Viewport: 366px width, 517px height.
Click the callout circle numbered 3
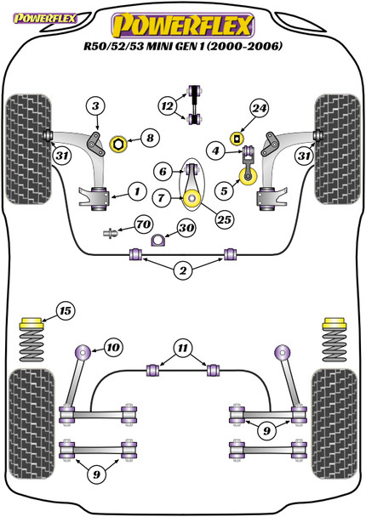pyautogui.click(x=95, y=106)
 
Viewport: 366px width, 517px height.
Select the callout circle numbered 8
pyautogui.click(x=150, y=138)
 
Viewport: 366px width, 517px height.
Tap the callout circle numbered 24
pyautogui.click(x=259, y=108)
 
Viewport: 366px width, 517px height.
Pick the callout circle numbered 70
pyautogui.click(x=144, y=224)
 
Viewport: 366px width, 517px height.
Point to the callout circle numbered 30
pyautogui.click(x=186, y=228)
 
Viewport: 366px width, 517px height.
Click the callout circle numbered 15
pyautogui.click(x=66, y=310)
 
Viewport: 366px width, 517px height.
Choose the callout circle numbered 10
pyautogui.click(x=113, y=347)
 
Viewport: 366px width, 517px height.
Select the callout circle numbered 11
pyautogui.click(x=183, y=348)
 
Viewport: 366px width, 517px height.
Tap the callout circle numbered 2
pyautogui.click(x=183, y=270)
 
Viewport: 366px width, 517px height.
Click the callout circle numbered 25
pyautogui.click(x=224, y=219)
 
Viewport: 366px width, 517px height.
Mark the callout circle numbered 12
pyautogui.click(x=168, y=106)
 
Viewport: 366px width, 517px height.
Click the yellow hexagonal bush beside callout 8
pyautogui.click(x=117, y=144)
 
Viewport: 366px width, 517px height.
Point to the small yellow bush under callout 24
pyautogui.click(x=237, y=138)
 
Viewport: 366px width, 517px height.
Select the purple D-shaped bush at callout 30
pyautogui.click(x=157, y=240)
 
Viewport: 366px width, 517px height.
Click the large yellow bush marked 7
pyautogui.click(x=192, y=199)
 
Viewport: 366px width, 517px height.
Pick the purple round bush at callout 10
pyautogui.click(x=83, y=352)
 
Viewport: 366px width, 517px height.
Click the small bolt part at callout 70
pyautogui.click(x=111, y=234)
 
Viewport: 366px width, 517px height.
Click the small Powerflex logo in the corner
pyautogui.click(x=44, y=18)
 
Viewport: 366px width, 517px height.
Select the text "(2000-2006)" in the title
pyautogui.click(x=245, y=46)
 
